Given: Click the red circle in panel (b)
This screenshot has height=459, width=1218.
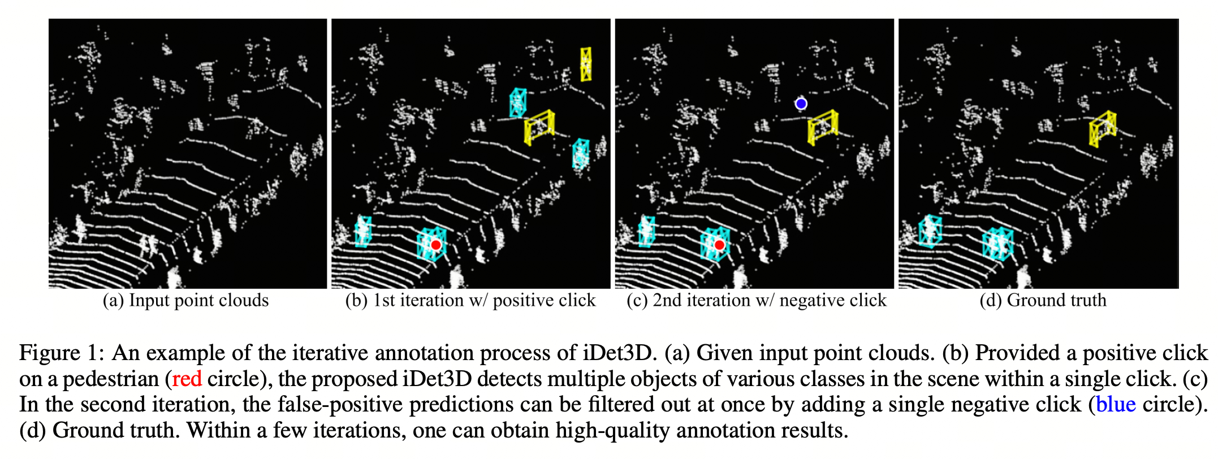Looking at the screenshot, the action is (435, 245).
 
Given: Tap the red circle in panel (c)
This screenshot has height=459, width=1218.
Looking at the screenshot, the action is (719, 245).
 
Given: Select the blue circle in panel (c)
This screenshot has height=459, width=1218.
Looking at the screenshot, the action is (801, 103).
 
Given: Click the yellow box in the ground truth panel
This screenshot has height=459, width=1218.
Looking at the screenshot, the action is (1103, 129).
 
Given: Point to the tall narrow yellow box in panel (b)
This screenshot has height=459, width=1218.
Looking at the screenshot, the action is (586, 64).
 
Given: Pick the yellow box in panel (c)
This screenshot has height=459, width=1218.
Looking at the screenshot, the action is (823, 127).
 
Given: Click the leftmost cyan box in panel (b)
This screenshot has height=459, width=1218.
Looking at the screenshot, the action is (363, 231).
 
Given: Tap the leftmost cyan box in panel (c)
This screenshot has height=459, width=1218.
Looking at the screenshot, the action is (646, 231).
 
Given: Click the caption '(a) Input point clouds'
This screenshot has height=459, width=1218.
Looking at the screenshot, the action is (185, 300).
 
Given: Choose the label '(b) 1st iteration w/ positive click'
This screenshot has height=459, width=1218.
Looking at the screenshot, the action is (470, 300).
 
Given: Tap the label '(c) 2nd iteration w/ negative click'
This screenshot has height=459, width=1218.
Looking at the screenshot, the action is (756, 300).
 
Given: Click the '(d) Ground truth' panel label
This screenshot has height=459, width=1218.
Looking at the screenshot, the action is (1043, 300).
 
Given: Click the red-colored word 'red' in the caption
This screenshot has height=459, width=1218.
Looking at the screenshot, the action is (187, 379).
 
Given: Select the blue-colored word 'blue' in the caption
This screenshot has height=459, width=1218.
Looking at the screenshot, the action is (1116, 405).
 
